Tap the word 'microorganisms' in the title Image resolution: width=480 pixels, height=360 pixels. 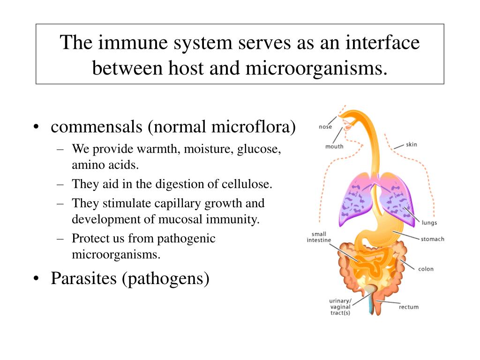tap(317, 68)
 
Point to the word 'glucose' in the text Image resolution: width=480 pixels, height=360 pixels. tap(259, 150)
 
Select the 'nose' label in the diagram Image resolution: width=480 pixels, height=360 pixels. tap(325, 127)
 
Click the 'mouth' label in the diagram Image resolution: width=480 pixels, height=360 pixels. tap(334, 146)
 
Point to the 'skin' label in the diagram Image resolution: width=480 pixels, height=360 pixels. tap(411, 144)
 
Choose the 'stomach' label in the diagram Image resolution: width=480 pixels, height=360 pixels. tap(432, 239)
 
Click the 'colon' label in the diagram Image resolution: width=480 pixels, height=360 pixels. tap(426, 269)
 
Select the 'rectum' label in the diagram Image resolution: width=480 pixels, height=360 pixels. tap(409, 307)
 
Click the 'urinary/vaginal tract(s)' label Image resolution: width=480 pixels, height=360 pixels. tap(340, 307)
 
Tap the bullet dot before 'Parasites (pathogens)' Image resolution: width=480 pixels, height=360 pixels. tap(37, 279)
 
